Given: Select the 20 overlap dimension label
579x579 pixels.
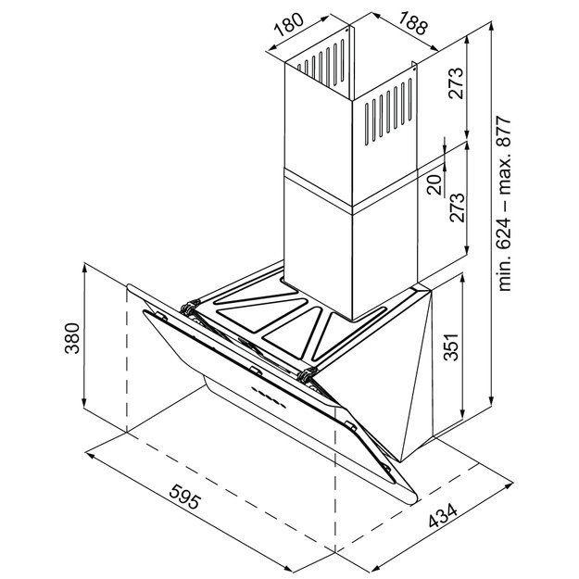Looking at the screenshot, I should click(x=433, y=184).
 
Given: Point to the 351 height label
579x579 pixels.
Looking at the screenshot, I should click(x=448, y=350).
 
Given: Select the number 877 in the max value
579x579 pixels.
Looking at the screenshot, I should click(x=505, y=137).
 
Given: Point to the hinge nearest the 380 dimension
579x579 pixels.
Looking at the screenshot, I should click(x=190, y=307).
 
